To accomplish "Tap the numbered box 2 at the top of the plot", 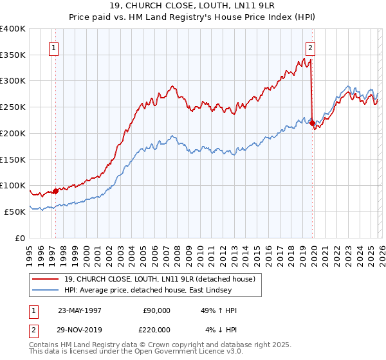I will tap(310, 47).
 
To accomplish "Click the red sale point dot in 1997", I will tap(56, 190).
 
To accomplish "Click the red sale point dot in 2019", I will tap(312, 123).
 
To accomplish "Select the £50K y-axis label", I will tap(15, 212).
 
